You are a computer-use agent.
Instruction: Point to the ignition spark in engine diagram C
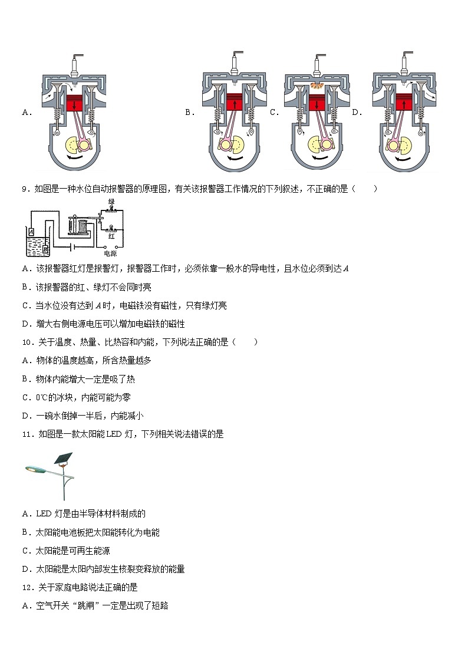pyautogui.click(x=317, y=87)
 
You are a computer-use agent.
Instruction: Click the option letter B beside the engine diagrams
pyautogui.click(x=189, y=112)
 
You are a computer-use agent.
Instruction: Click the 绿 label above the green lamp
pyautogui.click(x=110, y=202)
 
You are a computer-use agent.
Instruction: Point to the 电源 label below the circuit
pyautogui.click(x=110, y=254)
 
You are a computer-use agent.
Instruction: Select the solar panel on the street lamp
pyautogui.click(x=64, y=459)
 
